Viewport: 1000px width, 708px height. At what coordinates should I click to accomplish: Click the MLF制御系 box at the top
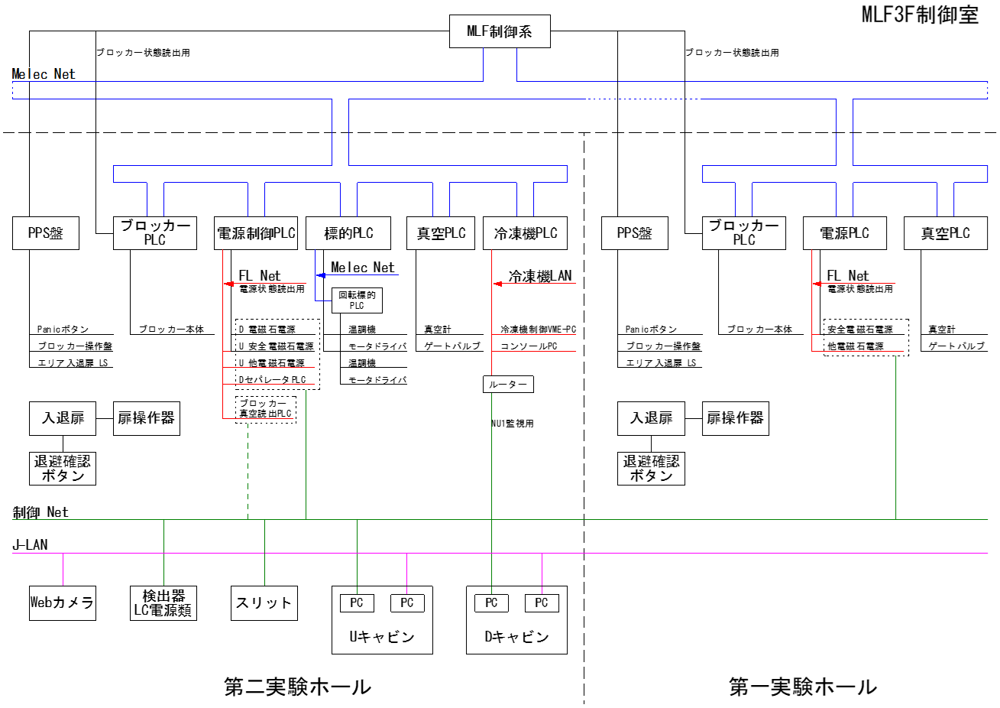click(x=500, y=31)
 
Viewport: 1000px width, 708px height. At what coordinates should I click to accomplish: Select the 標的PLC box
click(x=348, y=233)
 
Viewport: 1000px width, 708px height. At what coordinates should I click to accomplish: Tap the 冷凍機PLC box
click(x=525, y=233)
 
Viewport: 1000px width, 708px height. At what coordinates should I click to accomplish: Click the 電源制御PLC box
click(x=256, y=233)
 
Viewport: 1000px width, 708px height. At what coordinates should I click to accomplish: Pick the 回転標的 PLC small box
click(x=357, y=300)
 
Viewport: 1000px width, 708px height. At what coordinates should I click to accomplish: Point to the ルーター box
click(x=508, y=384)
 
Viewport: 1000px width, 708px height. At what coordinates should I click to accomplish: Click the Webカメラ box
click(x=63, y=602)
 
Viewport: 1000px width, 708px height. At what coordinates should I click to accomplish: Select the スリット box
click(x=264, y=602)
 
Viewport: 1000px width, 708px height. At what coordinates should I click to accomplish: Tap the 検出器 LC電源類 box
click(x=163, y=602)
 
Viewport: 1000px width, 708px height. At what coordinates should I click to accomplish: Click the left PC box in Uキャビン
click(x=357, y=602)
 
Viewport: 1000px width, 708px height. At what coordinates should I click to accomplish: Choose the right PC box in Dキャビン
click(x=542, y=602)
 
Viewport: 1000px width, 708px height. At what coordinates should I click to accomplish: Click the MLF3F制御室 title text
click(x=920, y=15)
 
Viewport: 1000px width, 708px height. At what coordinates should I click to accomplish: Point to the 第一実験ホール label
click(x=803, y=687)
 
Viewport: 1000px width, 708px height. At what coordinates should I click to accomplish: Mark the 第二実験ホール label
click(x=298, y=687)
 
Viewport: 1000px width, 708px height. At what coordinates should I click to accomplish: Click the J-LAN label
click(x=31, y=544)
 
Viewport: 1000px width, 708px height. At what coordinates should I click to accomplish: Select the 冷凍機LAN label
click(x=540, y=276)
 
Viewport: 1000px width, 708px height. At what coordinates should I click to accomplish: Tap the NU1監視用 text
click(x=513, y=423)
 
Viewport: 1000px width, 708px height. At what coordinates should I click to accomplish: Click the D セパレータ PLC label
click(x=273, y=380)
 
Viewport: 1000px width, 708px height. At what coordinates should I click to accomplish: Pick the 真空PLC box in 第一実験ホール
click(x=945, y=233)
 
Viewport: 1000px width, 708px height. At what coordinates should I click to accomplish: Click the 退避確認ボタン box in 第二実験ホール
click(x=63, y=468)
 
